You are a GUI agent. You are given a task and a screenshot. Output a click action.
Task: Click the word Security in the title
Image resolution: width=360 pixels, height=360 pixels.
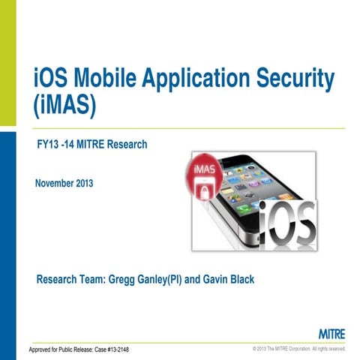tap(292, 79)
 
